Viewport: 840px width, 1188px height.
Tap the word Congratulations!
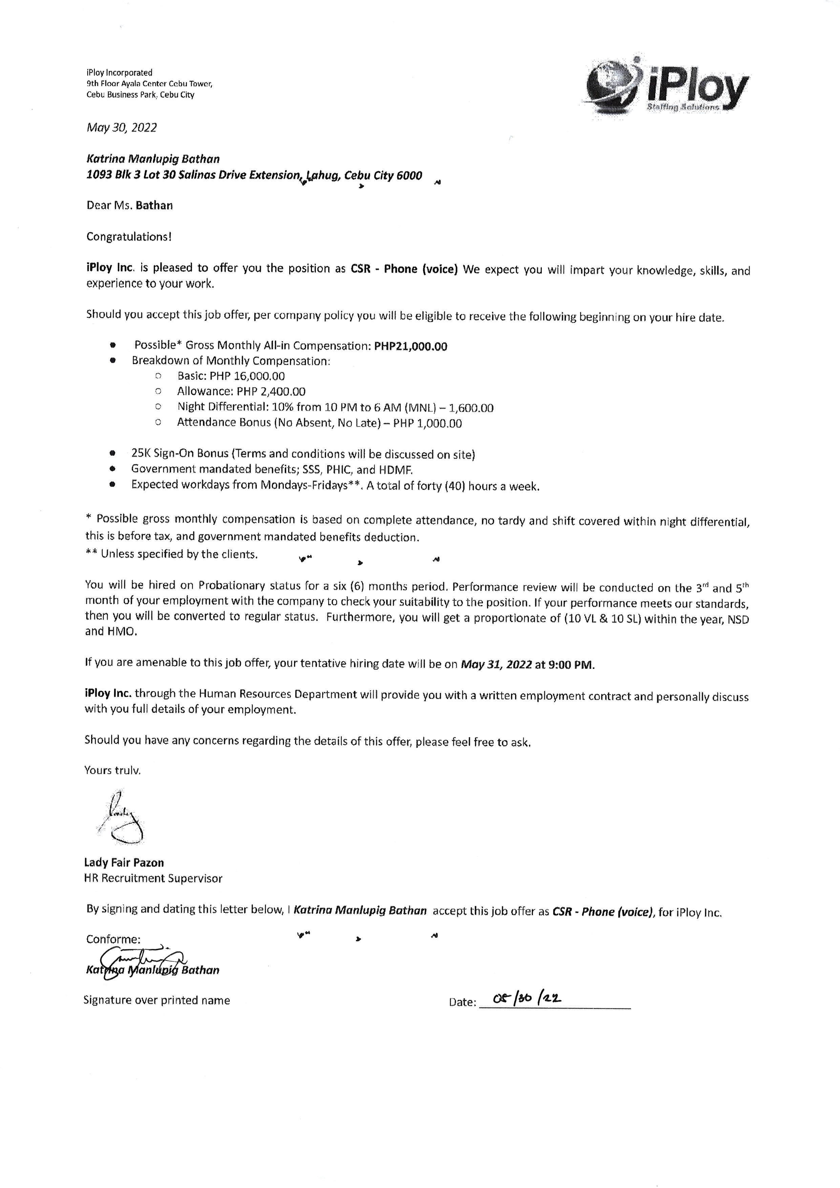(x=129, y=237)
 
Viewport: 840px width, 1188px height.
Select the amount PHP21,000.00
(x=411, y=347)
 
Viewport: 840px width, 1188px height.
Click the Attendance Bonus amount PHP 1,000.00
(x=427, y=424)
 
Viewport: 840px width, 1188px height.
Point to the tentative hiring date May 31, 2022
(x=496, y=665)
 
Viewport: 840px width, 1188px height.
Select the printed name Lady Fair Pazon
(x=124, y=863)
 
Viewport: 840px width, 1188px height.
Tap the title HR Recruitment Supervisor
(x=153, y=878)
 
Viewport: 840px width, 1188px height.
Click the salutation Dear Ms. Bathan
(x=130, y=206)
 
